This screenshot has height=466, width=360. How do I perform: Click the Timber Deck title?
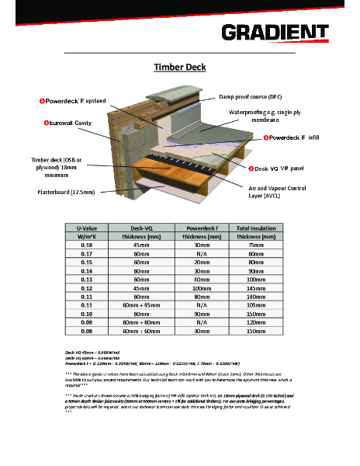click(x=180, y=67)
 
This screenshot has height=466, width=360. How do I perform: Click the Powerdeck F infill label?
click(x=293, y=137)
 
